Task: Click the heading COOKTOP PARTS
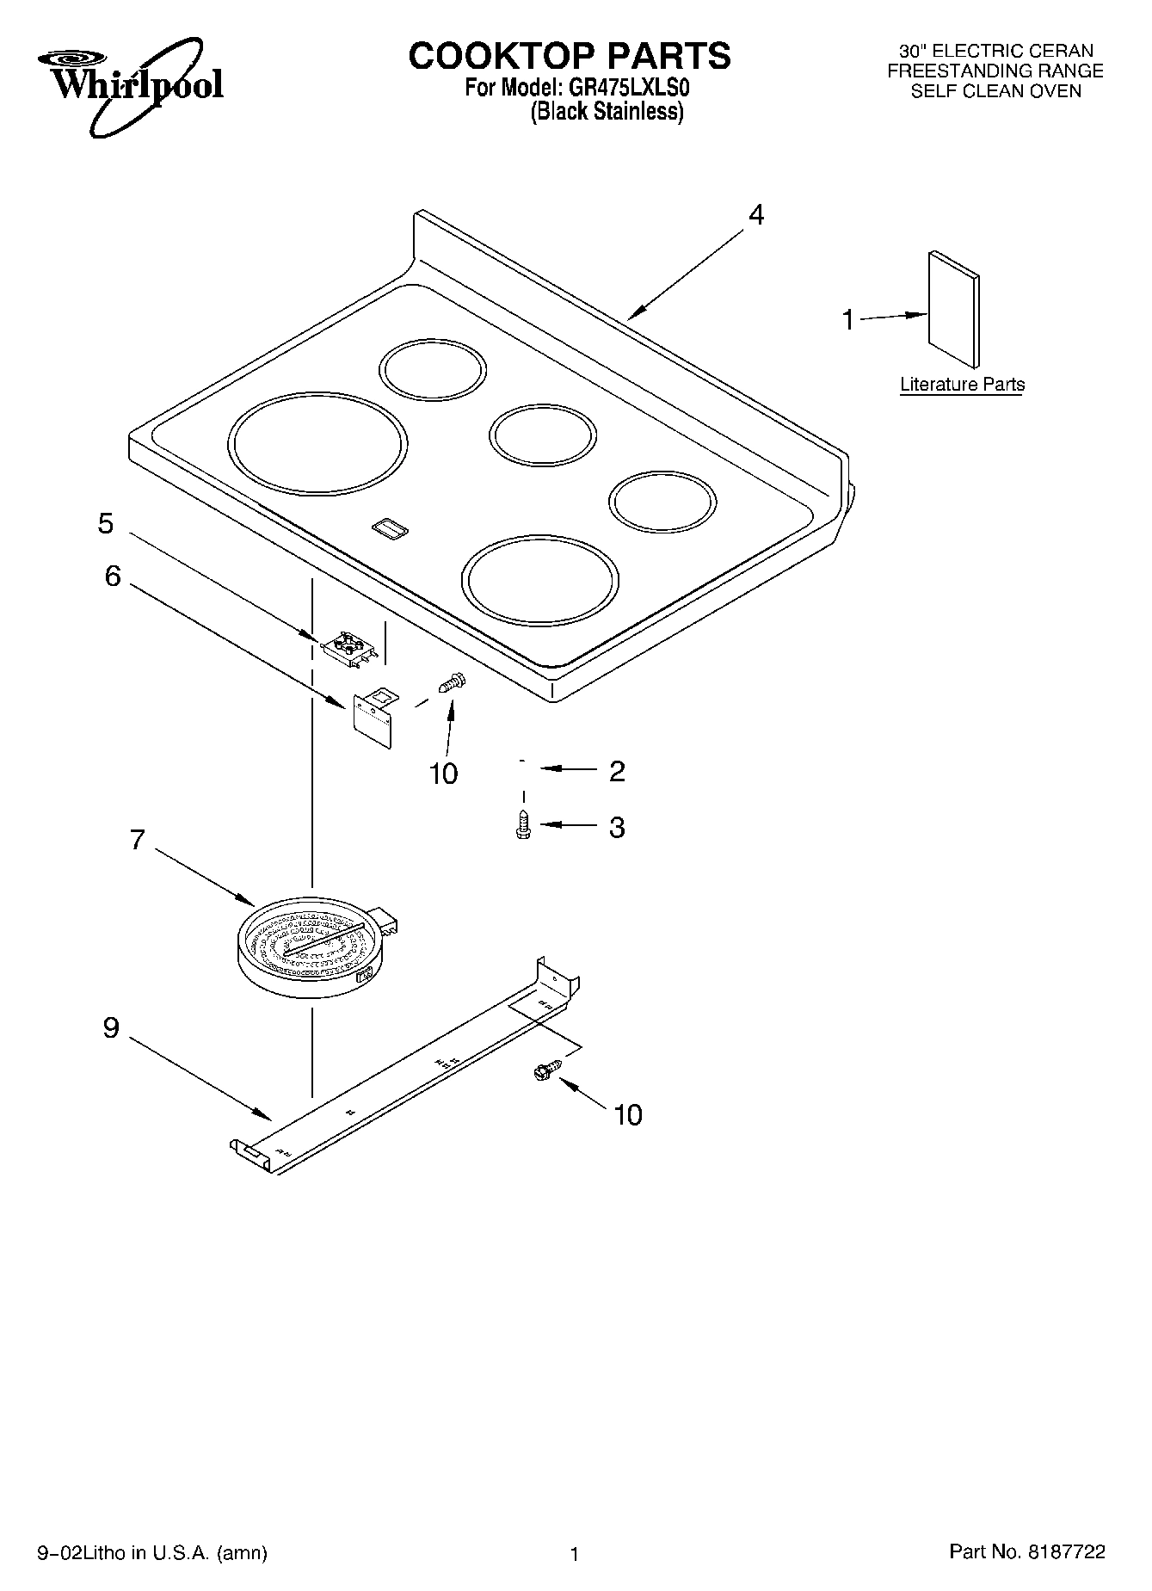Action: pos(569,56)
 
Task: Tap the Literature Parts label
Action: pos(962,385)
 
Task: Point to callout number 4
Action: pos(755,214)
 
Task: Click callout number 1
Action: pos(848,320)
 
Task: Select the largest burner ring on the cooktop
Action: pos(318,444)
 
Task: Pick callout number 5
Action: pos(106,523)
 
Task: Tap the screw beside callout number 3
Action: pos(522,824)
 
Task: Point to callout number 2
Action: pos(617,771)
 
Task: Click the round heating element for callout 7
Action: pos(310,945)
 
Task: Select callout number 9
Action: pos(111,1027)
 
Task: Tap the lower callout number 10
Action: pos(628,1115)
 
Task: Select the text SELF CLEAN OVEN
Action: pos(995,91)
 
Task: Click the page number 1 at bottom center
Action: pos(575,1554)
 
